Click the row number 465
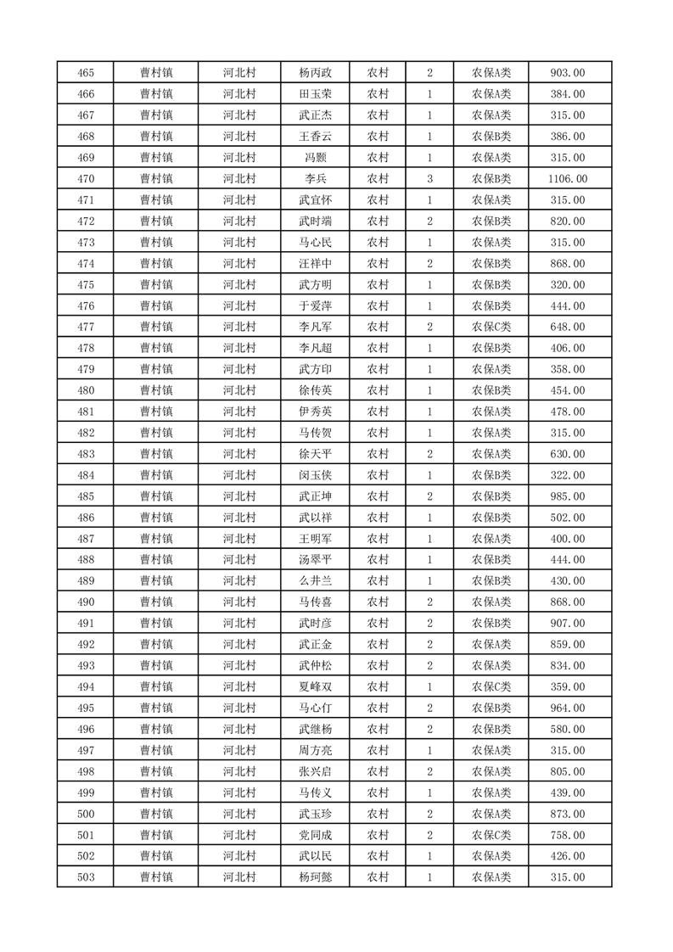coord(85,73)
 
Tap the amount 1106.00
coord(568,179)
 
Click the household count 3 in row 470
coord(430,179)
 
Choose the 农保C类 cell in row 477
coord(491,327)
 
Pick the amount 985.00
coord(568,496)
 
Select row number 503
coord(85,877)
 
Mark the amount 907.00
coord(568,624)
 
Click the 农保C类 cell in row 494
coord(491,687)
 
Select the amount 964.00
coord(568,708)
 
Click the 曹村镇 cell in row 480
coord(156,390)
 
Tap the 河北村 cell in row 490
coord(239,602)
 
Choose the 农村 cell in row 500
coord(378,814)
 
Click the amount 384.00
coord(568,94)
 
